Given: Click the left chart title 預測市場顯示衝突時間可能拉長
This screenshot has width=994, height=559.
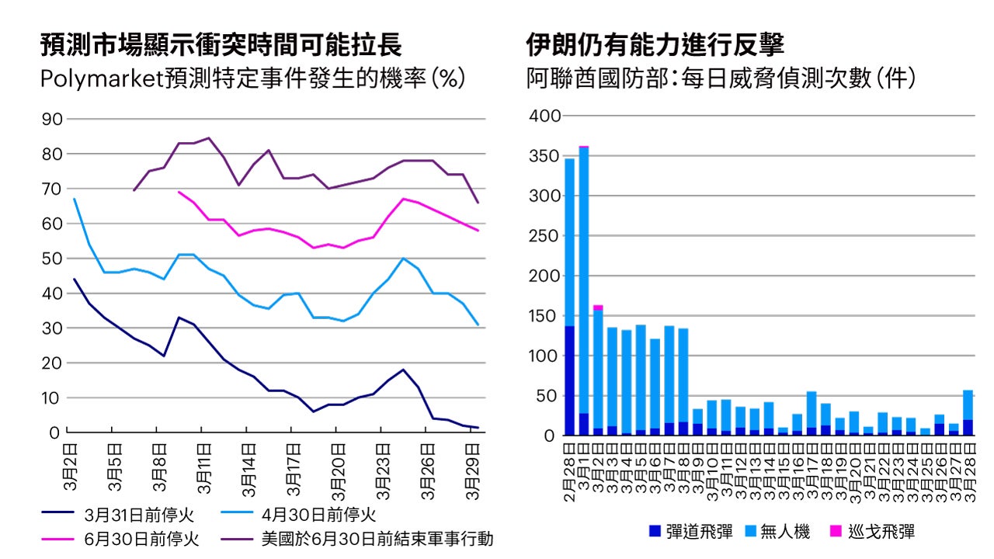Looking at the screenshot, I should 221,44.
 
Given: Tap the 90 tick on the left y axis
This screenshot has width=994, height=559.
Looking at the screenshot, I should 50,119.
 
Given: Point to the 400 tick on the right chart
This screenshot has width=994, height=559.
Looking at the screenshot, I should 544,116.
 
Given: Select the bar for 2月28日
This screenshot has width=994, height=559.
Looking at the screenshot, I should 569,295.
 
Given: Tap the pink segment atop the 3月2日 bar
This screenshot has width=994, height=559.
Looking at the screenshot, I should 598,307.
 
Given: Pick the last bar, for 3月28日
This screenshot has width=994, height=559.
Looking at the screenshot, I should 968,411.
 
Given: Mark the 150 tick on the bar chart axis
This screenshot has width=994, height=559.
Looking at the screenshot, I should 544,316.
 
